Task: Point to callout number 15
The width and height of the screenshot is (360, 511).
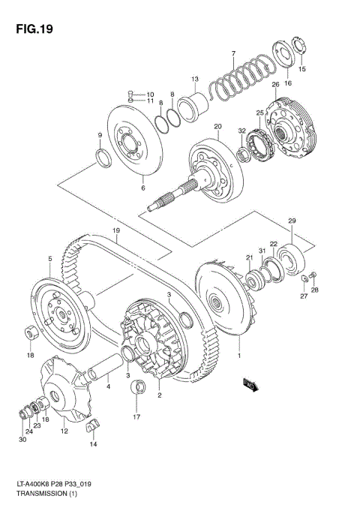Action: (303, 69)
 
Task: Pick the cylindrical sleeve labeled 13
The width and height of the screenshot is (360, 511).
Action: (198, 101)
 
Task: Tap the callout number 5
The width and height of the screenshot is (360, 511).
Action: (50, 259)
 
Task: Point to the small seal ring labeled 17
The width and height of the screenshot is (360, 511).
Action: (137, 388)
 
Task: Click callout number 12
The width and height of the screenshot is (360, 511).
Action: (64, 431)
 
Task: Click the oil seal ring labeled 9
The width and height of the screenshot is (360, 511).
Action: (101, 158)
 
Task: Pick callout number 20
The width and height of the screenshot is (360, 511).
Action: (218, 126)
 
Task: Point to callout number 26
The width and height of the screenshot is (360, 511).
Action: (275, 84)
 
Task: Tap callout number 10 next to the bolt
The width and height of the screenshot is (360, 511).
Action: (150, 94)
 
